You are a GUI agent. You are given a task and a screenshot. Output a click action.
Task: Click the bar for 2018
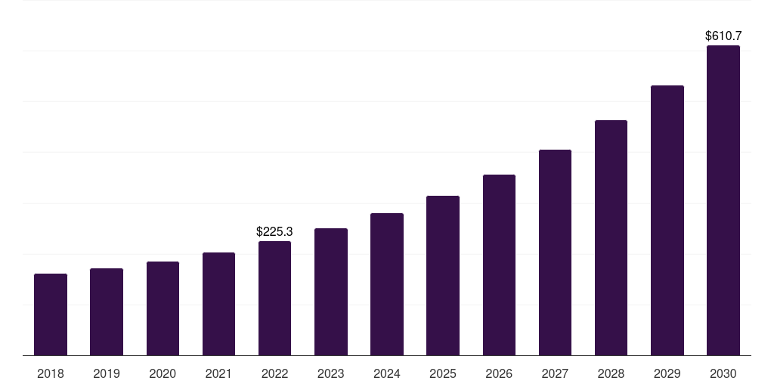(51, 314)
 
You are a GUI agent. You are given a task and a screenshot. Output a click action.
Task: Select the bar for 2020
(163, 308)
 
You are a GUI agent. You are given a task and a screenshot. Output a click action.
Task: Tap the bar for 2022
(274, 299)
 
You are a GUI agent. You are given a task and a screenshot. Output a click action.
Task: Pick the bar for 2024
(387, 284)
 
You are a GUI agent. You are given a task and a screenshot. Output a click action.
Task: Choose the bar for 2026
(499, 265)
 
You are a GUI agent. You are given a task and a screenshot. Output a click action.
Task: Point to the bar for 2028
(611, 238)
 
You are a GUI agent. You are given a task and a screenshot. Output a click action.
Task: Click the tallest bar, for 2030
(723, 200)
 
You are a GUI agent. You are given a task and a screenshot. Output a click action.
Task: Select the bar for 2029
(667, 221)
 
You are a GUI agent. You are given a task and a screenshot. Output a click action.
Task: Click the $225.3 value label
(274, 231)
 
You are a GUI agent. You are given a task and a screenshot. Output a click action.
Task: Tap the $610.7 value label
(723, 36)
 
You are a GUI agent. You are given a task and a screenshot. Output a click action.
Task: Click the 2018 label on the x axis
(51, 373)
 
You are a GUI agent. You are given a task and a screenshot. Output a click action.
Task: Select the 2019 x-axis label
(107, 373)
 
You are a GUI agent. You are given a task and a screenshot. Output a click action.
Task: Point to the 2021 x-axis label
(218, 373)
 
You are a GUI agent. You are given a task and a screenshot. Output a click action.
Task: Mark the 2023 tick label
(331, 373)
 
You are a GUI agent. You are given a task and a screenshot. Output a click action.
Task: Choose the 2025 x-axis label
(443, 373)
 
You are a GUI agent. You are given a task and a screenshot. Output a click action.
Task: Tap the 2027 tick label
(555, 373)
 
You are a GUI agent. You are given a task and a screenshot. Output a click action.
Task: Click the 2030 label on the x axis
(723, 373)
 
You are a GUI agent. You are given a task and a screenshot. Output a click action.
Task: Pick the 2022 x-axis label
(274, 373)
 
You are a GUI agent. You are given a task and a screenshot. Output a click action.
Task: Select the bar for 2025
(443, 276)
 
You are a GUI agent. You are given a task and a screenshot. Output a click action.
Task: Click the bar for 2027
(555, 252)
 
